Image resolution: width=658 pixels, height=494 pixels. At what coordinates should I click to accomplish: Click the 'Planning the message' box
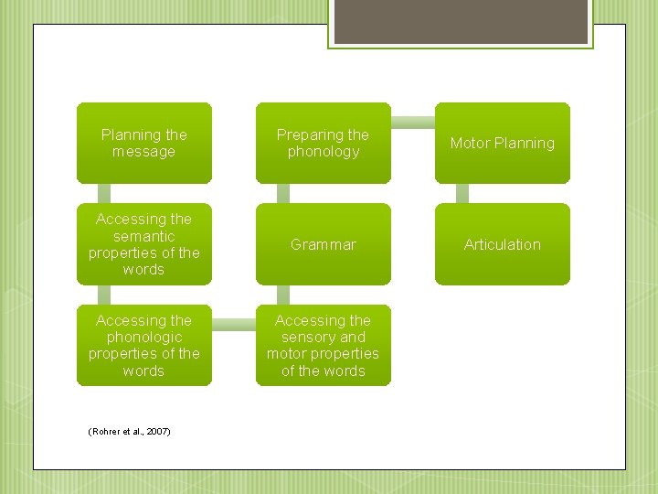143,143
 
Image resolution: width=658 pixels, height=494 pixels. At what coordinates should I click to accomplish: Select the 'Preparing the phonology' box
323,143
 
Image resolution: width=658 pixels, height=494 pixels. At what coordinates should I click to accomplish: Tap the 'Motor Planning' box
502,143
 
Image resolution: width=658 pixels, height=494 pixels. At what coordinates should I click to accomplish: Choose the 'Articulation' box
502,244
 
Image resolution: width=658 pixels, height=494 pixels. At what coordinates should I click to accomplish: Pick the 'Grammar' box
323,244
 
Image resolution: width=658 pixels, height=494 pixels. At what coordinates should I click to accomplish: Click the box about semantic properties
143,244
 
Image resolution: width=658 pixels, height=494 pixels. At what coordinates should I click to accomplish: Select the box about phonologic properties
143,345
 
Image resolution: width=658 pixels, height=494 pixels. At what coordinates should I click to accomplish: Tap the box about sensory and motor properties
323,345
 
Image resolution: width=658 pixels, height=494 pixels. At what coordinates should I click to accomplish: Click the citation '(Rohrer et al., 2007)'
129,431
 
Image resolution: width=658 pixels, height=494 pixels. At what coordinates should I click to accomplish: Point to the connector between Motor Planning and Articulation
462,193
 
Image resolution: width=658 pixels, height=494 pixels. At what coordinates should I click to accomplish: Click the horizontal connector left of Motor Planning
412,121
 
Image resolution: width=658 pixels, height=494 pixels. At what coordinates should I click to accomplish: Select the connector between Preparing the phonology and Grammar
283,193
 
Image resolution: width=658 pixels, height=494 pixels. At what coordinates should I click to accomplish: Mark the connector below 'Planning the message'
104,193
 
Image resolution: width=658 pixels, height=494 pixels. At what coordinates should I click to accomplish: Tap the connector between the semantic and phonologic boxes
104,295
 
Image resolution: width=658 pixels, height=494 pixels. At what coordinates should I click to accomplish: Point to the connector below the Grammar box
283,295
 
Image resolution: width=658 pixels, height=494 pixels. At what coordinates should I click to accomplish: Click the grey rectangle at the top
461,21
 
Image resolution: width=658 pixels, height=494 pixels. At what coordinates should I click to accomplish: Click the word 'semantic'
143,236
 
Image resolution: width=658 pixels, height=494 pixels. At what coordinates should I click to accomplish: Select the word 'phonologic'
143,337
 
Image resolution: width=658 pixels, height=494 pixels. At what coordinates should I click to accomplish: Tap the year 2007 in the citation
158,431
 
